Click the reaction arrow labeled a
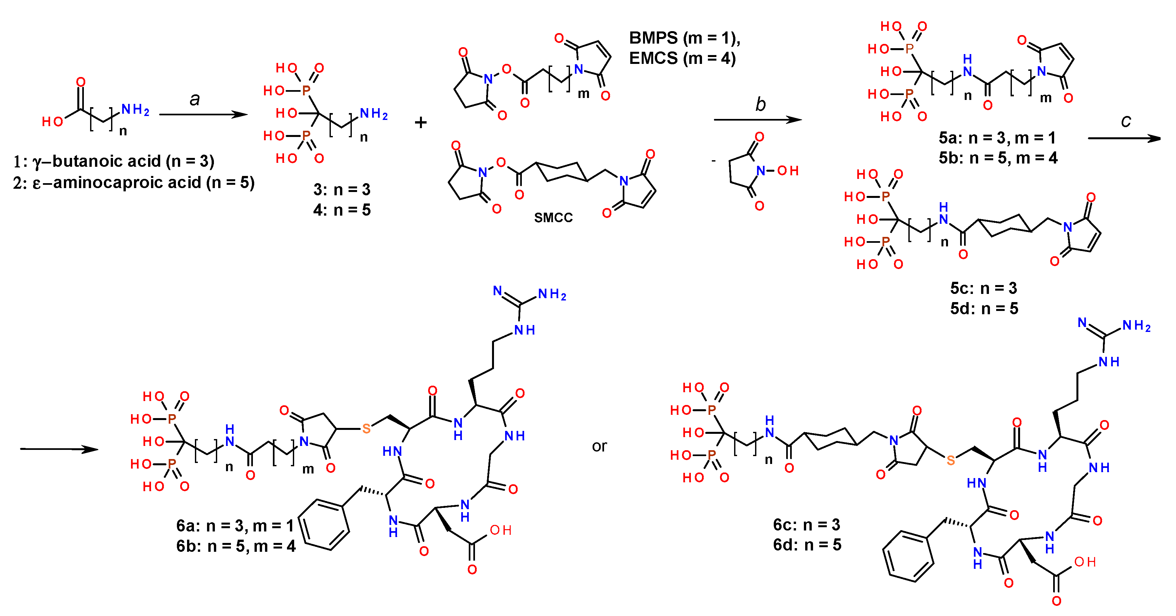[203, 114]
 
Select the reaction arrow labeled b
[758, 120]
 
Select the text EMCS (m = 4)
[682, 58]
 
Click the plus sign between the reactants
[421, 122]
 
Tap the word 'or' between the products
[599, 446]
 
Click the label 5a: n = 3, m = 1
[997, 137]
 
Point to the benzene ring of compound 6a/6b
[324, 524]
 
